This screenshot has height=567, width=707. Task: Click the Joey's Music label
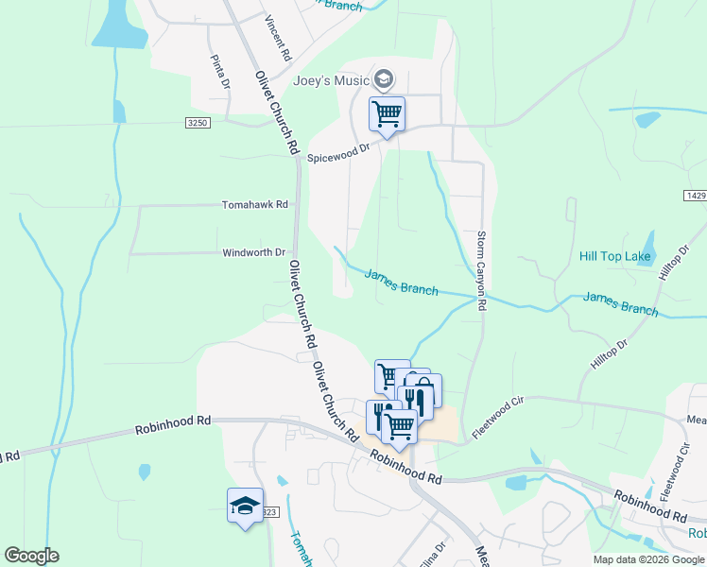(x=330, y=80)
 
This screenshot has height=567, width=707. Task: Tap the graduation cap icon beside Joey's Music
(x=383, y=78)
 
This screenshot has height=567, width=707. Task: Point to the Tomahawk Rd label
(x=254, y=204)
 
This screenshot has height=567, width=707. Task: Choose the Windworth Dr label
(x=253, y=252)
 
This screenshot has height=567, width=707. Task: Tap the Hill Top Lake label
(x=614, y=256)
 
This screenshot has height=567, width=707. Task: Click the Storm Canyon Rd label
(x=481, y=271)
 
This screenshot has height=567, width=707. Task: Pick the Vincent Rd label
(x=279, y=36)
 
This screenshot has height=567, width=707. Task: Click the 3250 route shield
(x=197, y=123)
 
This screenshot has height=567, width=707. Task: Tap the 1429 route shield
(x=693, y=194)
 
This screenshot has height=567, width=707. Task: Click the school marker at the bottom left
(x=245, y=506)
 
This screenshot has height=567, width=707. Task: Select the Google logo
(x=31, y=556)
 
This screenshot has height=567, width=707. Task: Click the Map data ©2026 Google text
(x=647, y=559)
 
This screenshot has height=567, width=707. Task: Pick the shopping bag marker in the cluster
(x=422, y=389)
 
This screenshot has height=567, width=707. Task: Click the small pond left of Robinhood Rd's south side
(x=144, y=470)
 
